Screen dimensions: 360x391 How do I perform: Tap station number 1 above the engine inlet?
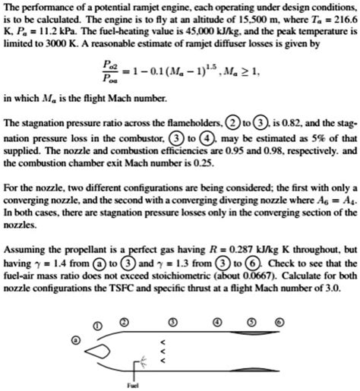tap(96, 305)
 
